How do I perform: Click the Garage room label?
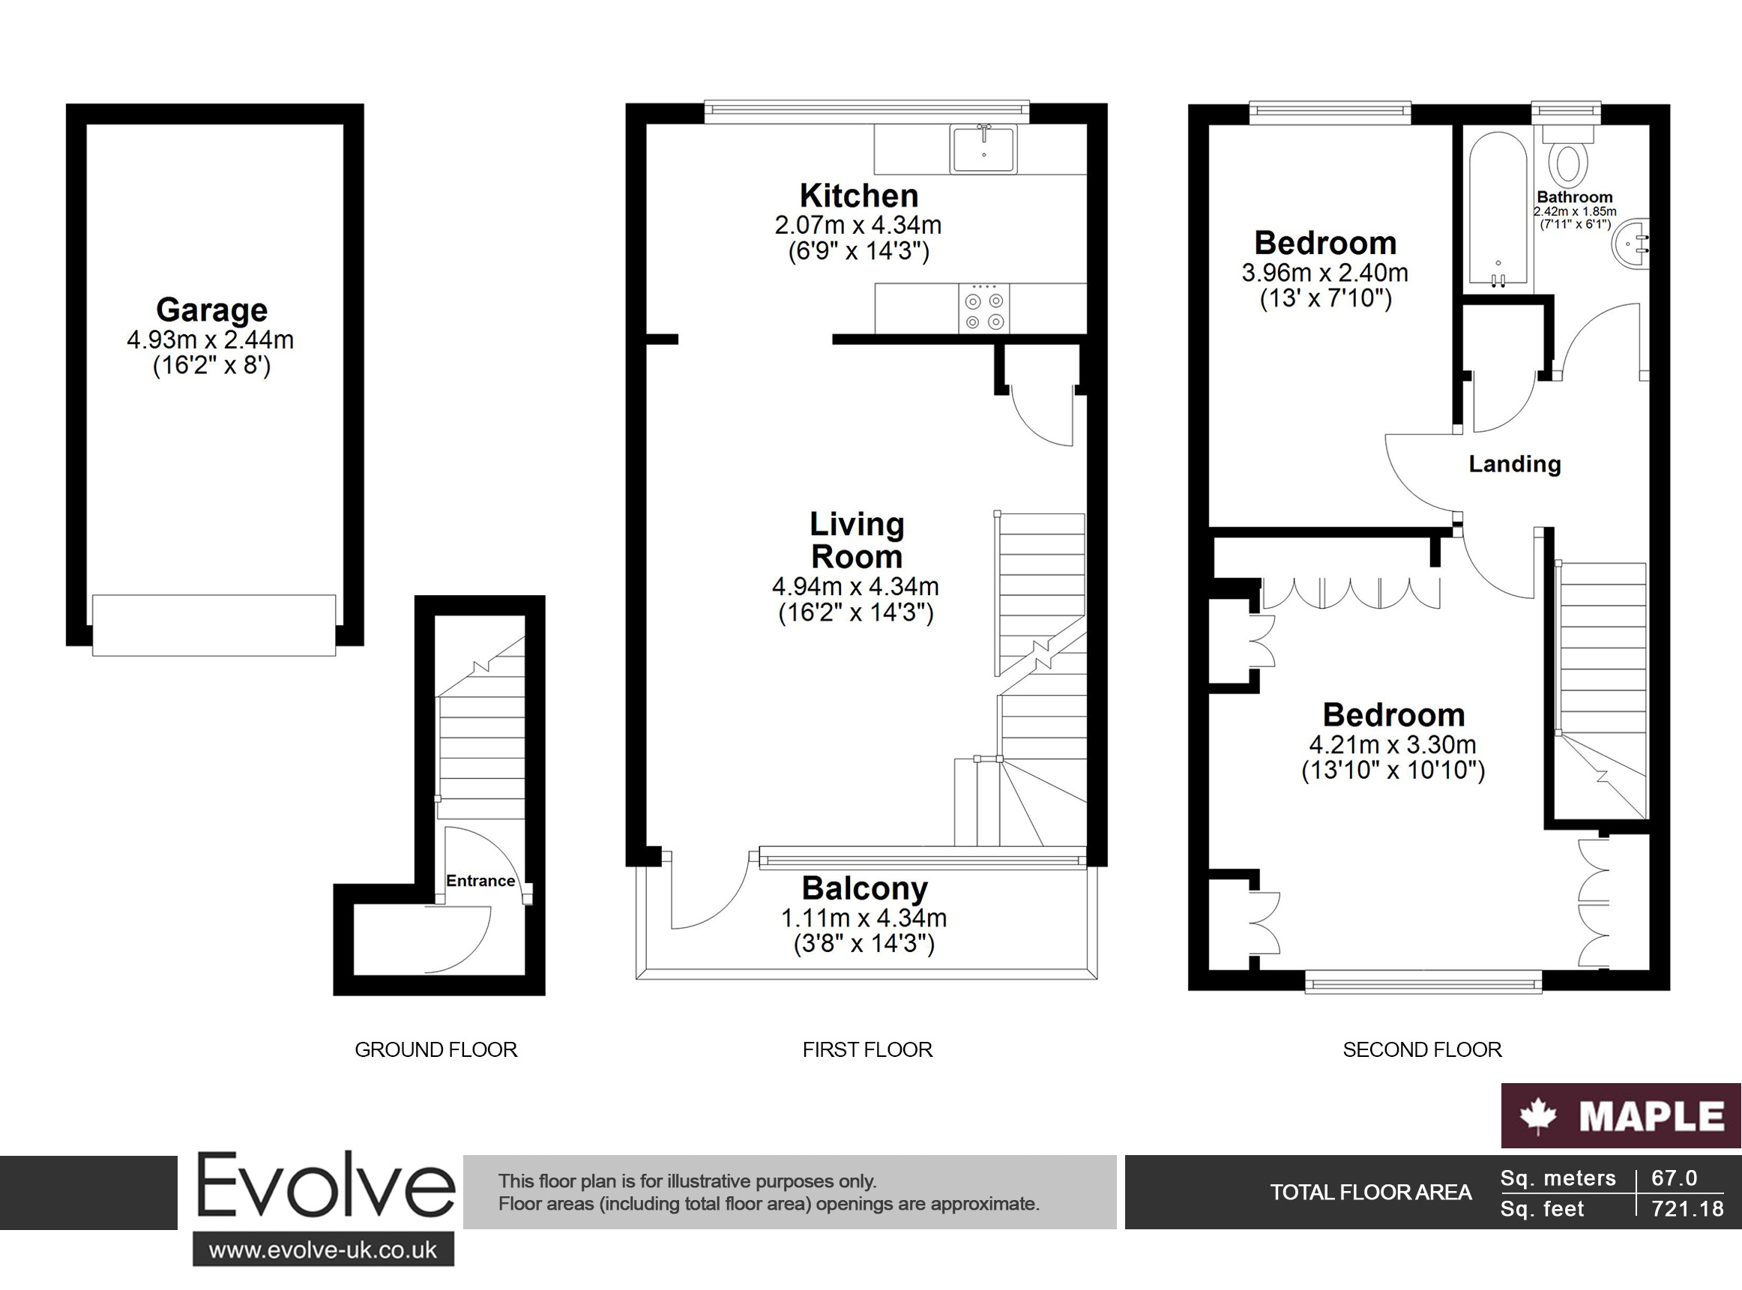(211, 310)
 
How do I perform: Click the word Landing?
(1515, 464)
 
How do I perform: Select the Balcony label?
(864, 889)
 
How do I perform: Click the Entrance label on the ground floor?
(480, 881)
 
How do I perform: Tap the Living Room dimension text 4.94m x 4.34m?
(856, 586)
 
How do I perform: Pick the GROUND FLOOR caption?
(435, 1049)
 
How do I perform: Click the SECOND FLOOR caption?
(1422, 1049)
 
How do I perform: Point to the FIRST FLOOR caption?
(867, 1049)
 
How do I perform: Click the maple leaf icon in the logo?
(1539, 1115)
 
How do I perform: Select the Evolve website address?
(323, 1250)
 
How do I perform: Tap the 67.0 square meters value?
(1674, 1178)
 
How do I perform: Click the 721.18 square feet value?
(1687, 1209)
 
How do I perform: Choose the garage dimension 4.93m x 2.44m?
(210, 340)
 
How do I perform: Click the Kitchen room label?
(859, 195)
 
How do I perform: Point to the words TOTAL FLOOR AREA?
(1370, 1193)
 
